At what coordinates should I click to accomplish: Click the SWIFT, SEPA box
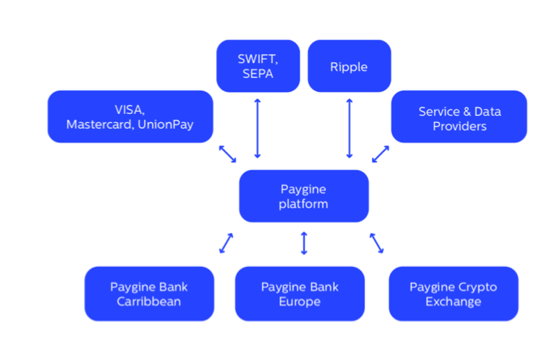click(x=258, y=66)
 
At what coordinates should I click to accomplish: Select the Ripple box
click(x=349, y=66)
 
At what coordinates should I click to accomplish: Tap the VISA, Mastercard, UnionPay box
click(x=130, y=116)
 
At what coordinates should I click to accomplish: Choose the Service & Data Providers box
click(x=459, y=116)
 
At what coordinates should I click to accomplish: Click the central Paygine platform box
click(x=304, y=196)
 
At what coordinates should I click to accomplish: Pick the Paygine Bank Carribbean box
click(x=149, y=294)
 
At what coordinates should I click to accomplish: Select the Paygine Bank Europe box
click(x=299, y=294)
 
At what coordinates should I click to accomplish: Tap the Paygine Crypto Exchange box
click(x=453, y=294)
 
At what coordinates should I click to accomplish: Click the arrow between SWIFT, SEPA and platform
click(x=258, y=128)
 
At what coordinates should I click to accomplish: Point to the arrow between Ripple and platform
click(x=349, y=128)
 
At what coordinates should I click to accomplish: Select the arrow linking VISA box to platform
click(x=227, y=154)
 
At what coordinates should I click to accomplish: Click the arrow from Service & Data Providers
click(x=380, y=154)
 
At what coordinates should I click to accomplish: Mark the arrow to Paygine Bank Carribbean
click(x=226, y=243)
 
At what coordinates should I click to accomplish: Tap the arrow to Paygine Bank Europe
click(x=304, y=243)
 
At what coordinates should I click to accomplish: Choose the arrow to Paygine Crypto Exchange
click(x=378, y=243)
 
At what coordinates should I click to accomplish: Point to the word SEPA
click(x=256, y=74)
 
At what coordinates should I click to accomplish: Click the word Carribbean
click(x=149, y=302)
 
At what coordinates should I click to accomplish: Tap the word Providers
click(x=459, y=125)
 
